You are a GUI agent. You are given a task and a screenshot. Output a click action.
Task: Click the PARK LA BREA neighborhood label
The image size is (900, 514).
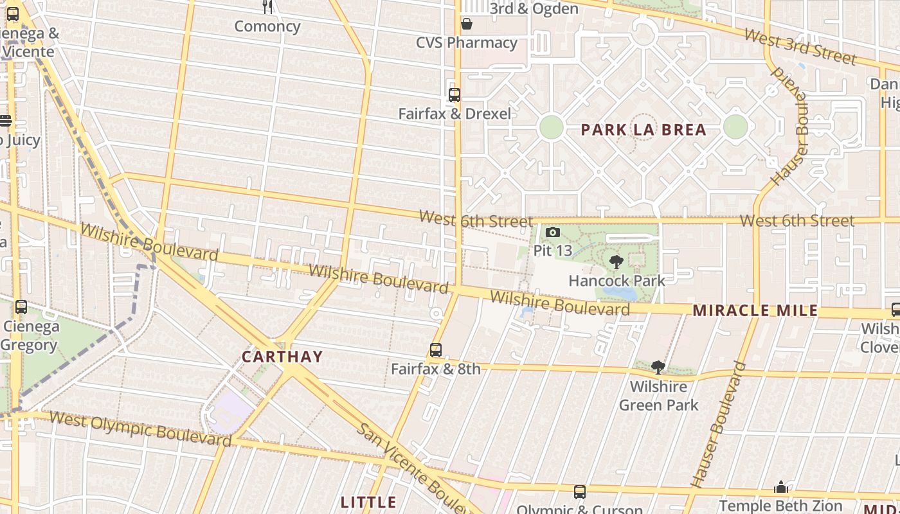tap(643, 130)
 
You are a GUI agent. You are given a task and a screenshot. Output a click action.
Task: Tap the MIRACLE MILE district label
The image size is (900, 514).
tap(755, 311)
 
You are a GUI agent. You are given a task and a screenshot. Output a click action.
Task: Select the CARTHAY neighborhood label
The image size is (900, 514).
tap(282, 357)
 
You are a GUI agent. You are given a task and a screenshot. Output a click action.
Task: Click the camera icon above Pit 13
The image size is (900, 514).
tap(552, 232)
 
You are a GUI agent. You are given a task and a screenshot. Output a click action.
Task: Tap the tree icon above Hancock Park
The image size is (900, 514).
tap(616, 261)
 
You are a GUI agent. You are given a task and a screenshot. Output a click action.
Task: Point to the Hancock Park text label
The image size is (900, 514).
tap(616, 281)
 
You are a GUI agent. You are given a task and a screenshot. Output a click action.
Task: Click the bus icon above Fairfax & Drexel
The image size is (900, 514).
tap(455, 95)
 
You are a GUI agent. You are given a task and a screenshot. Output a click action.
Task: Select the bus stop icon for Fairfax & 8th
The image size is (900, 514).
tap(436, 350)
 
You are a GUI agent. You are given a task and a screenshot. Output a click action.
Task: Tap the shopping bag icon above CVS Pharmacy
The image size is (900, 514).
tap(467, 24)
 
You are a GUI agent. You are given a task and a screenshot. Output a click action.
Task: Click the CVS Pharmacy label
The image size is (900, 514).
tap(467, 43)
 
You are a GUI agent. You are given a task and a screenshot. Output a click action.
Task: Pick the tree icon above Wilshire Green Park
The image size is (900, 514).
tap(658, 367)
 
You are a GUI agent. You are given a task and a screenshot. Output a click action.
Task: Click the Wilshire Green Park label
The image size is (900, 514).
tap(658, 396)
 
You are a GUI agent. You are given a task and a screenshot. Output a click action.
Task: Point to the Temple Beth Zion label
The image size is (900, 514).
tap(780, 506)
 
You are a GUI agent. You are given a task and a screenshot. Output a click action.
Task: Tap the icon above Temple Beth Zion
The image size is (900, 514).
tap(781, 487)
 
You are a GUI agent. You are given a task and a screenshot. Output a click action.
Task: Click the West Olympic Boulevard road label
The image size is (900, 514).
tap(140, 429)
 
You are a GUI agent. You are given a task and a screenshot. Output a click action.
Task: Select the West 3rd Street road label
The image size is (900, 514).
tap(800, 46)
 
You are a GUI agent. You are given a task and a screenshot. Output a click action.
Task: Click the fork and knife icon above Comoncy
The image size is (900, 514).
tap(267, 7)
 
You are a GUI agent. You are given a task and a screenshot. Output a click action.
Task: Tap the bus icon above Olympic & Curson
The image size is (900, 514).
tap(580, 492)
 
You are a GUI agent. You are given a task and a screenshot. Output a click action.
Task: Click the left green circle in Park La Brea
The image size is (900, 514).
tap(551, 127)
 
